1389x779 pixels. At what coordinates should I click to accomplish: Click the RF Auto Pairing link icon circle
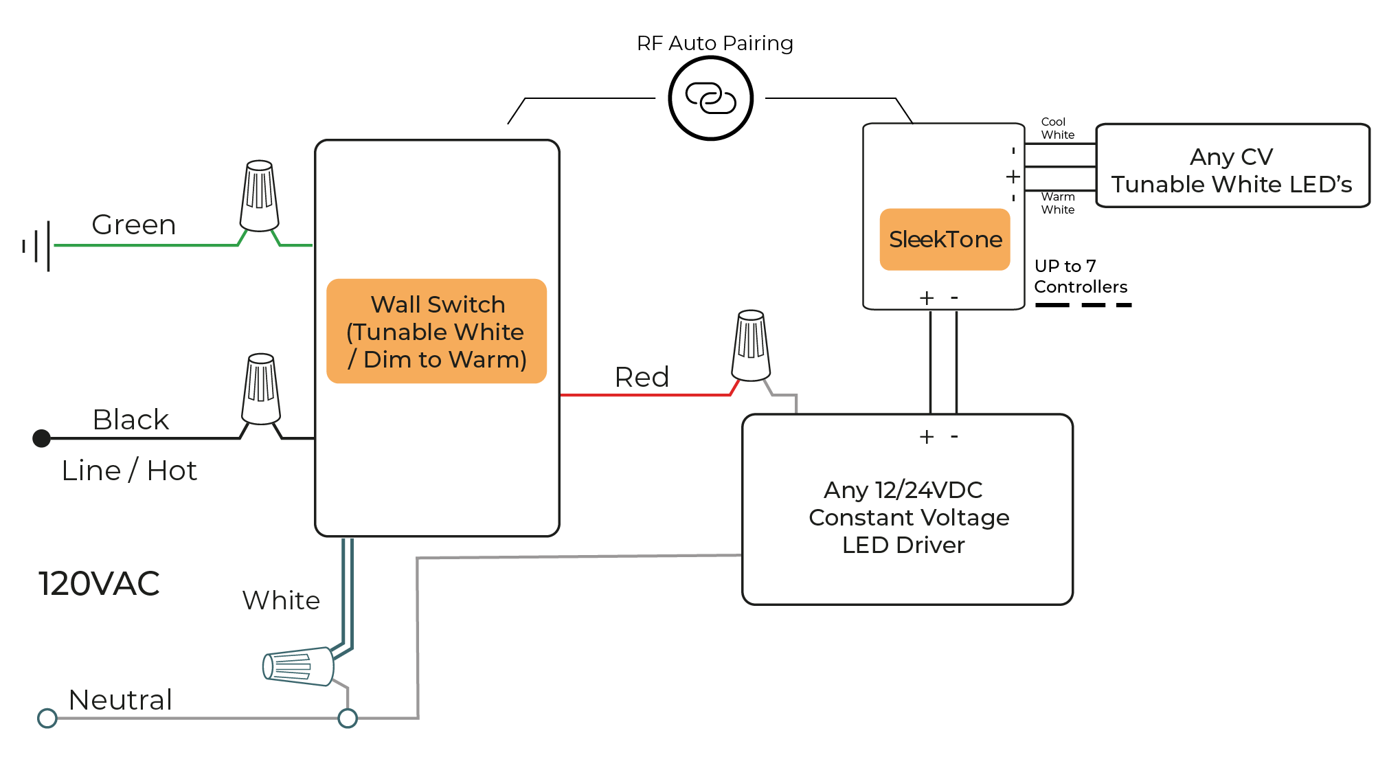pos(710,98)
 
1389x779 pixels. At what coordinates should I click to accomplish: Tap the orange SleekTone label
pos(945,239)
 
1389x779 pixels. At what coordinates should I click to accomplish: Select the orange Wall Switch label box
pos(436,331)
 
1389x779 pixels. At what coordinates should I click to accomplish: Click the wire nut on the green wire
pos(259,196)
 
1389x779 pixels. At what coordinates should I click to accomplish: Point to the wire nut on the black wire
pos(261,389)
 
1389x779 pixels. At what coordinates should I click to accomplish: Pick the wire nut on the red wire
pos(752,346)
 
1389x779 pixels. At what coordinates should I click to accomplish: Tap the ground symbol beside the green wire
pos(38,245)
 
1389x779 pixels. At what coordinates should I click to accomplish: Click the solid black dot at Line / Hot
pos(42,438)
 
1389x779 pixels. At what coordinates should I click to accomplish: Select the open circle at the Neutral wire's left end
pos(47,718)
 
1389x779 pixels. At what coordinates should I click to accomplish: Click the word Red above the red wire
pos(642,377)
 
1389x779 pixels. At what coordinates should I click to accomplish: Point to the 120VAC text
pos(99,584)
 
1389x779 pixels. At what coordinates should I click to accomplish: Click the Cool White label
pos(1057,128)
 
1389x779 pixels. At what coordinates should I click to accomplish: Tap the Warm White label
pos(1057,203)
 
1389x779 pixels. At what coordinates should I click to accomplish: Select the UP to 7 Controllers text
pos(1081,276)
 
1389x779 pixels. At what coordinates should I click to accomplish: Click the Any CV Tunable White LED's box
pos(1232,166)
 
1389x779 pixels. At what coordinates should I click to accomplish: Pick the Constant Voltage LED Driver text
pos(908,517)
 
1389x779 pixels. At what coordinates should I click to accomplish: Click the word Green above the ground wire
pos(134,225)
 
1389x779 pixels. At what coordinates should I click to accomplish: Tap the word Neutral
pos(120,700)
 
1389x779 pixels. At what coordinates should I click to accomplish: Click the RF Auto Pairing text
pos(714,43)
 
